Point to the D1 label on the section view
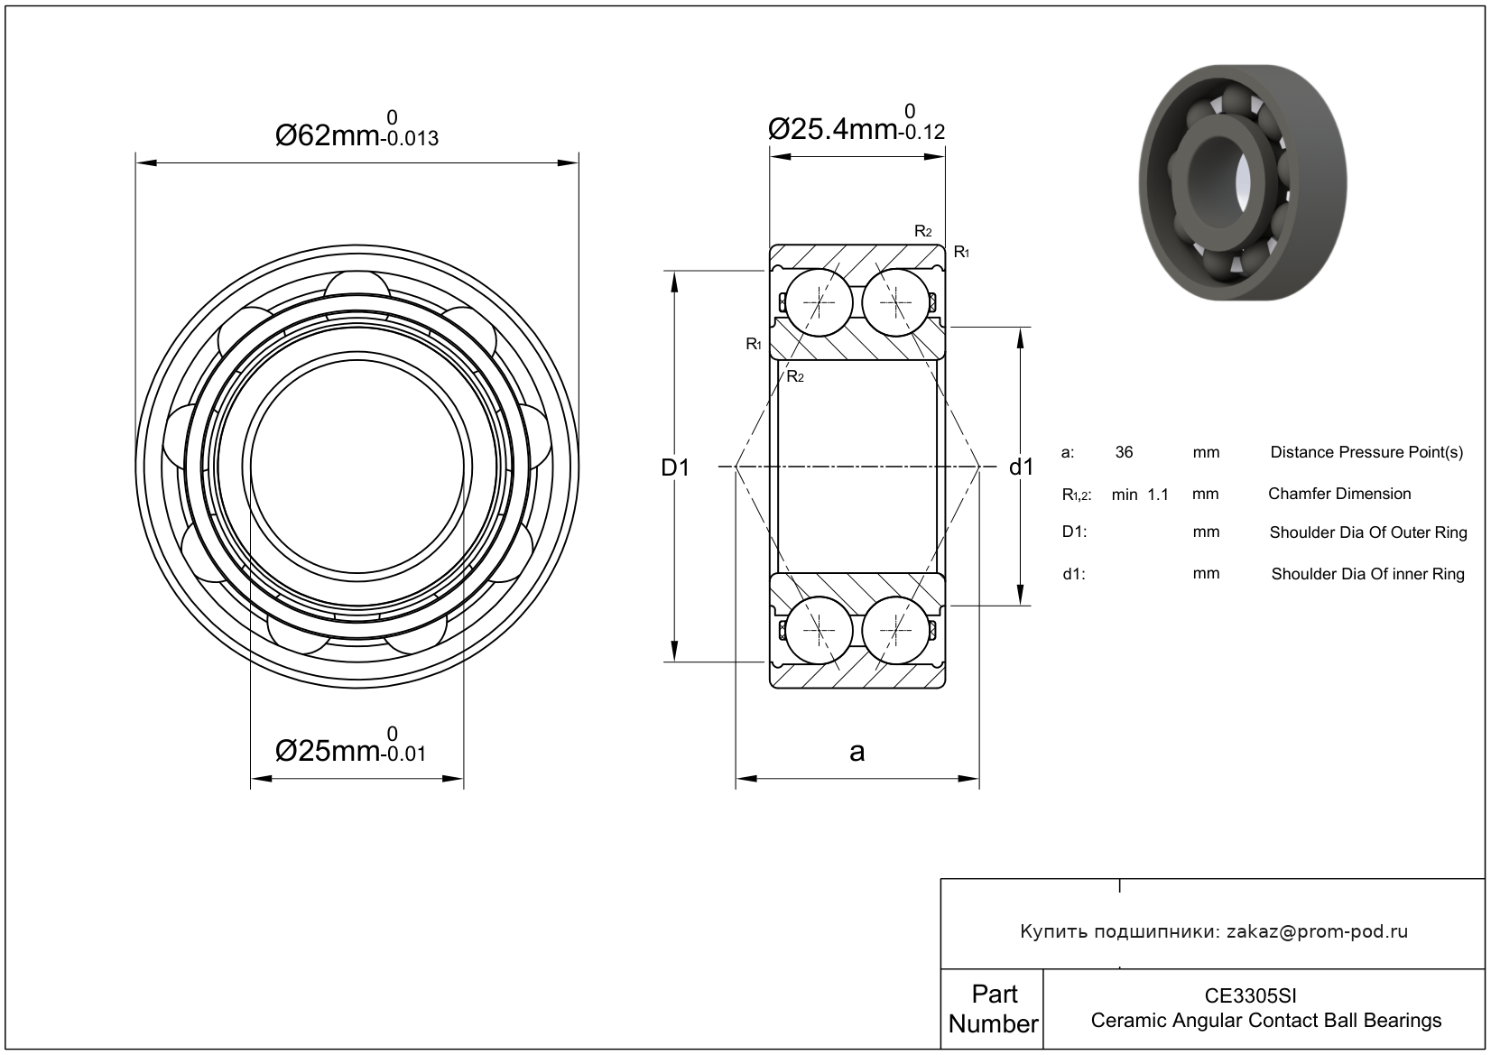675,467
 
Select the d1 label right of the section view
1021,467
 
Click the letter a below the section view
857,751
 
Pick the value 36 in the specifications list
1124,452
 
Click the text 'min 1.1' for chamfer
1140,495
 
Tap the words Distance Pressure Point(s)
1366,452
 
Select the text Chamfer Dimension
1339,494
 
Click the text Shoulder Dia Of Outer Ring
1368,532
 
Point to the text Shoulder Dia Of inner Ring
1367,574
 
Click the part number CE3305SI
1251,996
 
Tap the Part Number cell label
993,1009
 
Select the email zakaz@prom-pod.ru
1317,931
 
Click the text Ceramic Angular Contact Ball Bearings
1265,1021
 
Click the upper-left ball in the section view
818,301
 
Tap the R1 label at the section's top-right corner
961,252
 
